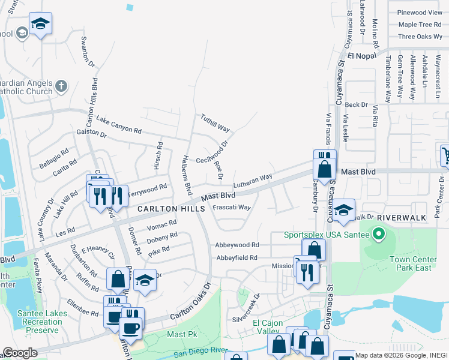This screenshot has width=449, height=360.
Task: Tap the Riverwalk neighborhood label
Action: click(x=411, y=218)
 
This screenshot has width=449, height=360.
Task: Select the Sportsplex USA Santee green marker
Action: click(x=378, y=233)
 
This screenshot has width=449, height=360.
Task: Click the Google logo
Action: click(x=20, y=353)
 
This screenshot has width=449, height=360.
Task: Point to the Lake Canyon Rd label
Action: click(x=118, y=124)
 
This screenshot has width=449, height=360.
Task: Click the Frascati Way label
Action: click(x=231, y=208)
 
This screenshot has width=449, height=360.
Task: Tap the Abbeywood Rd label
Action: click(x=237, y=245)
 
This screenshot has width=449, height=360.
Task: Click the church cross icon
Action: click(x=60, y=86)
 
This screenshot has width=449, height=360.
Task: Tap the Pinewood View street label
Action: click(x=420, y=13)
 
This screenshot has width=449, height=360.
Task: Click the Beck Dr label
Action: click(x=356, y=104)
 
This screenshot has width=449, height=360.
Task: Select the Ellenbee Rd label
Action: click(x=82, y=307)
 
